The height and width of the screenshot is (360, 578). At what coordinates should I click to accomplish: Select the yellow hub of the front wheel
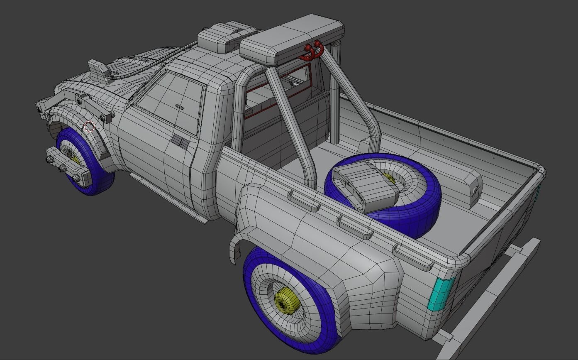coord(75,160)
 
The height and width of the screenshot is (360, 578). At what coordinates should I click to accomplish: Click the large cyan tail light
coord(441,294)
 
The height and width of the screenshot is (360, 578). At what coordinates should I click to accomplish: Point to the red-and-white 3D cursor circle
coord(89,126)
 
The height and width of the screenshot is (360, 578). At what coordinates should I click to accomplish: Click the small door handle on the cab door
coord(180,107)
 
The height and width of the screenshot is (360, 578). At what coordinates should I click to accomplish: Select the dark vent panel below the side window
coord(180,142)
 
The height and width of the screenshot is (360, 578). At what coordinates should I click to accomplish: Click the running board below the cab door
coord(168,197)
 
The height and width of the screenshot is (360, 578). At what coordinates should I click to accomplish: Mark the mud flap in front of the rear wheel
coord(235,251)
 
